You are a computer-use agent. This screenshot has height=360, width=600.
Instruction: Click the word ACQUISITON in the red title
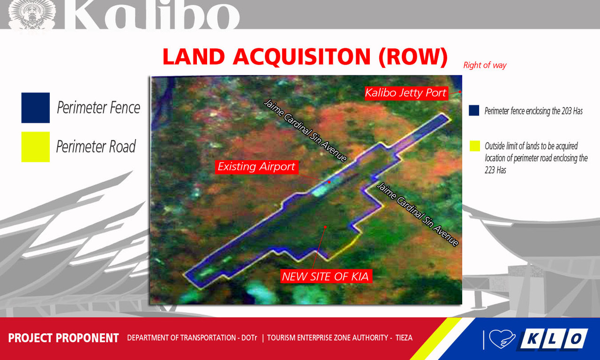(x=302, y=57)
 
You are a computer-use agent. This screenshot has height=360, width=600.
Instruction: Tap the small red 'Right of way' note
(x=485, y=66)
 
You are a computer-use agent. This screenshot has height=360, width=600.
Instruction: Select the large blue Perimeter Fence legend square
(x=36, y=108)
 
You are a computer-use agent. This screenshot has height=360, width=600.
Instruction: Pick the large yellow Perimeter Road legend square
(x=36, y=147)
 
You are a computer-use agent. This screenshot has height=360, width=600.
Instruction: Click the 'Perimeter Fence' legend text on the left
(x=98, y=108)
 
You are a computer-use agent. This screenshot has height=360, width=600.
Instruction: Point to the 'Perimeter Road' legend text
(x=96, y=147)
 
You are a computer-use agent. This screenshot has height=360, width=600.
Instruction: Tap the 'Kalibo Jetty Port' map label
(x=405, y=93)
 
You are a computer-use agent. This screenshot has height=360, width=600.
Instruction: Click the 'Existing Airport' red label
(x=256, y=167)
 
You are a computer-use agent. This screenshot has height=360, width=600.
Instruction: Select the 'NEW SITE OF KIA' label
(x=325, y=277)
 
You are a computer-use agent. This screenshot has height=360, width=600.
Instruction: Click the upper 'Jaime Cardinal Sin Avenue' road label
(x=305, y=130)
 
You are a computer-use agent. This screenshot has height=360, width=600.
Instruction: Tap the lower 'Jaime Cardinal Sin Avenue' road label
(x=417, y=214)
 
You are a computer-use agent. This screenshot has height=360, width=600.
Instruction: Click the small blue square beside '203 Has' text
(x=474, y=111)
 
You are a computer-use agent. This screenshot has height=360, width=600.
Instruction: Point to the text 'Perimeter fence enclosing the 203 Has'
(x=533, y=112)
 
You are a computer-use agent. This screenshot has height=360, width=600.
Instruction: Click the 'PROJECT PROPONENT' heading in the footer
(x=63, y=338)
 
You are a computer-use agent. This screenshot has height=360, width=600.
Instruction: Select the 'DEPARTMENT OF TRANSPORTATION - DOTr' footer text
(x=192, y=338)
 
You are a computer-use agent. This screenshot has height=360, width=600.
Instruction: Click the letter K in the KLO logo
(x=532, y=339)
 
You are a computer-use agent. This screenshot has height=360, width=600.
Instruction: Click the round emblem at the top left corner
(x=32, y=15)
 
